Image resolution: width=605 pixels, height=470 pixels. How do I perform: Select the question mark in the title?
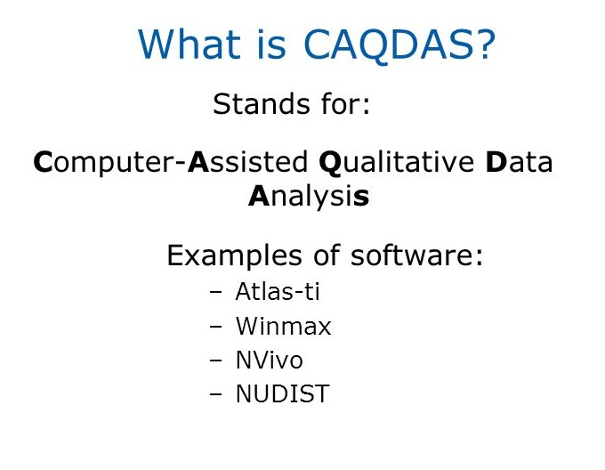coord(481,45)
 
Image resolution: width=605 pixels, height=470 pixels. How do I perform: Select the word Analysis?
coord(308,196)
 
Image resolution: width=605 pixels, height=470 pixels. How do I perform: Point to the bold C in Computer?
coord(42,164)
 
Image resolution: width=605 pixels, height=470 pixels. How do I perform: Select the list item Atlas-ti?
coord(277,291)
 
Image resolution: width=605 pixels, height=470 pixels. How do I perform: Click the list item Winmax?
coord(283,327)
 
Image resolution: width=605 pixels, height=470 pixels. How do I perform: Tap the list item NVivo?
coord(269,361)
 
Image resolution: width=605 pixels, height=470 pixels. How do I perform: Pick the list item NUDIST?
coord(282,394)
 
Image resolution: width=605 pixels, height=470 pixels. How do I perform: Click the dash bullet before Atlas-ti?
coord(215,292)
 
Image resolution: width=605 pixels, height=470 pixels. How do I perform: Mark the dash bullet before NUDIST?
coord(215,395)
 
